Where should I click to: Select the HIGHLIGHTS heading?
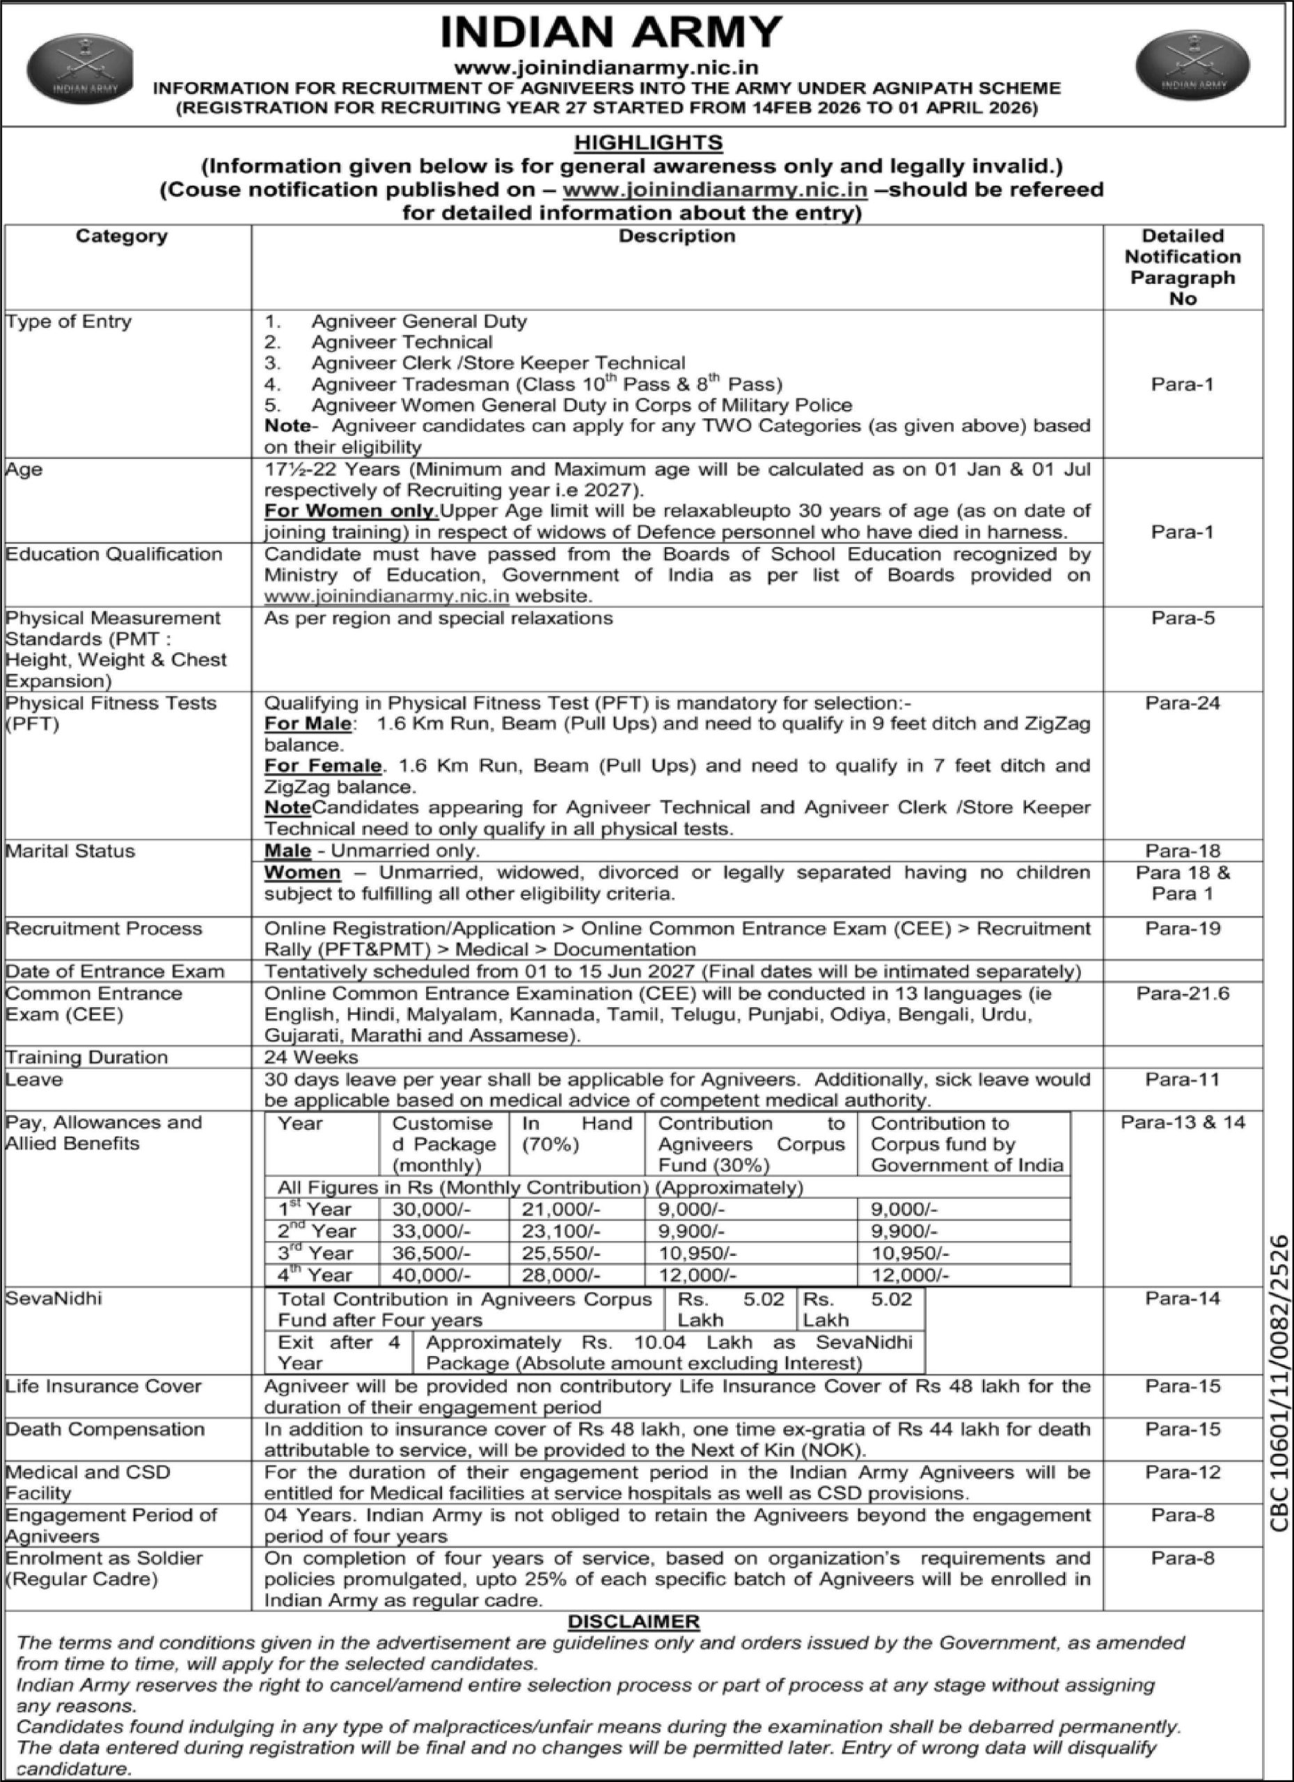(648, 143)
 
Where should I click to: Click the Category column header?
(122, 236)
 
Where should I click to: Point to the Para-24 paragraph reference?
(1183, 703)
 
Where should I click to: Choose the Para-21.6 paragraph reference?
(1183, 994)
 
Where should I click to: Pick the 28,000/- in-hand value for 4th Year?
(561, 1275)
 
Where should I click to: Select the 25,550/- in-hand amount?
(561, 1253)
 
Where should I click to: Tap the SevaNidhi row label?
(54, 1298)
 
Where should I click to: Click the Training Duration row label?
(86, 1057)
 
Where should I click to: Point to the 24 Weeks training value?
(311, 1057)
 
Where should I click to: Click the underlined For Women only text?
(350, 511)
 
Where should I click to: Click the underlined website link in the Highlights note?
(715, 189)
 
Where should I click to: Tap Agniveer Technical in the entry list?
(402, 342)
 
